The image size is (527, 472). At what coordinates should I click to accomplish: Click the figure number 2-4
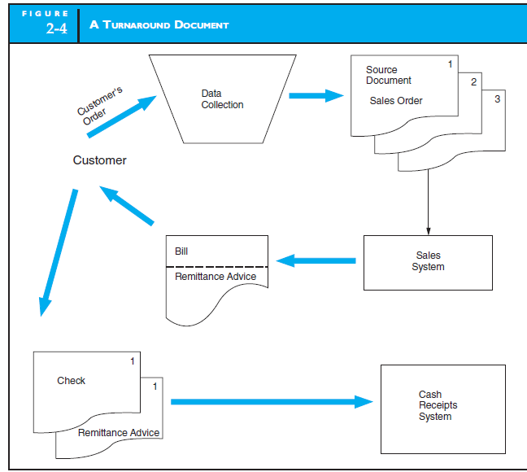click(61, 30)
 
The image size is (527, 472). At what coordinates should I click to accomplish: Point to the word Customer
click(99, 160)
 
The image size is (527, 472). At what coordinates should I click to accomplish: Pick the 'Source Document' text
click(388, 75)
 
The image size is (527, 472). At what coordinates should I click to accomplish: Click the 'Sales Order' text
click(396, 101)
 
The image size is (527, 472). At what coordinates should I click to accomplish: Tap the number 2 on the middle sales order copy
click(473, 81)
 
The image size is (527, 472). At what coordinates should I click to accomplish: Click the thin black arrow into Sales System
click(428, 203)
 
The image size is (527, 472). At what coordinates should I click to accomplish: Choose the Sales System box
click(428, 262)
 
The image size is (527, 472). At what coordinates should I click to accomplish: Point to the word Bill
click(181, 251)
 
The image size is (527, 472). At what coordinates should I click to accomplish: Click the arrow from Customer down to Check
click(59, 252)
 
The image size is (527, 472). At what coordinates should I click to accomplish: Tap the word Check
click(71, 381)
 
